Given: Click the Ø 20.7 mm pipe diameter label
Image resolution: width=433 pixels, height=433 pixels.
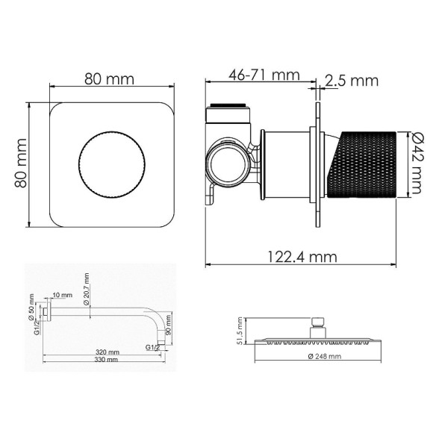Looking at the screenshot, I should [x=87, y=287].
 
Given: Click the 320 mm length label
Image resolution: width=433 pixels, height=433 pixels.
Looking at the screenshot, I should [x=107, y=352].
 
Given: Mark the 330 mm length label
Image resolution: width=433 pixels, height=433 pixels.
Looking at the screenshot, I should [x=107, y=360].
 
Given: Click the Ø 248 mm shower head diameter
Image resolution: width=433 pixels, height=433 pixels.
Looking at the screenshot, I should [x=324, y=357].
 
